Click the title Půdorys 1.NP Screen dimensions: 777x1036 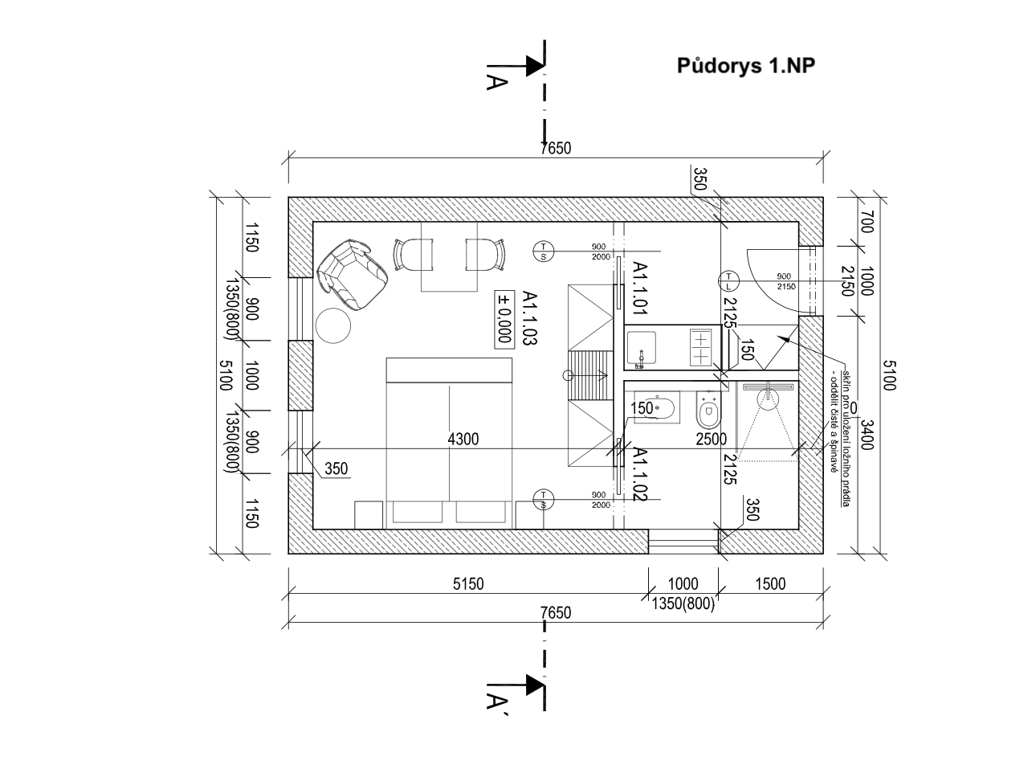(746, 66)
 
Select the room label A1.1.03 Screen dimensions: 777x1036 (528, 318)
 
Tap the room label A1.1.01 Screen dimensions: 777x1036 (640, 287)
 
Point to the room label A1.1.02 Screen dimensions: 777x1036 (640, 475)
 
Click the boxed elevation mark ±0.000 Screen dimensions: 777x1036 (504, 318)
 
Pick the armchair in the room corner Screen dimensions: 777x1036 (353, 272)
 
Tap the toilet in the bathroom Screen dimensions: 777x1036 (708, 412)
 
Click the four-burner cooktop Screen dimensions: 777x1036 (701, 348)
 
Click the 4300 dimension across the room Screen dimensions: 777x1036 (463, 439)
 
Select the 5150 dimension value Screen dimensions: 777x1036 (467, 584)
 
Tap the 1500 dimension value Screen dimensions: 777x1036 (770, 584)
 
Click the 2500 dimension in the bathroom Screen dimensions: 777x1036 (711, 439)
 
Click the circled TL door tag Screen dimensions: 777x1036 (728, 280)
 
